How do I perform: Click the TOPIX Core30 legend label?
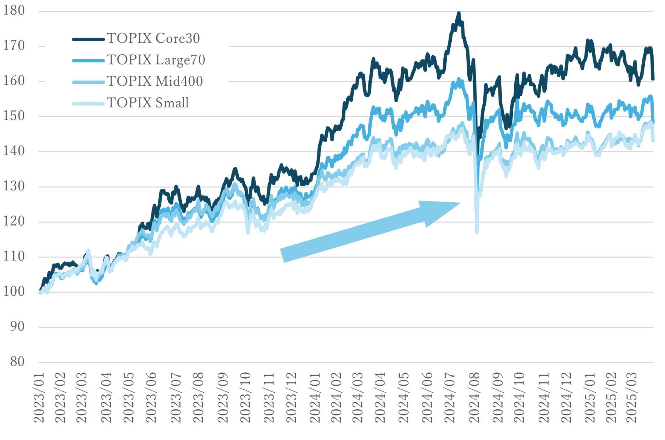153,38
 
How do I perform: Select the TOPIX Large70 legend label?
156,60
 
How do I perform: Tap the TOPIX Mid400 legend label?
154,81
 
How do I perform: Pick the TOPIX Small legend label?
147,103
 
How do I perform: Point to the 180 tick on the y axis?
14,10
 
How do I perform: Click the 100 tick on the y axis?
14,292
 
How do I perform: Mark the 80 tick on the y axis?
17,362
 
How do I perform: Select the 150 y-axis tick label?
14,116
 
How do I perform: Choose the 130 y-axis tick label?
14,186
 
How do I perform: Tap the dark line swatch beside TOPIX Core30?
88,39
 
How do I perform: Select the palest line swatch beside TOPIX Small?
88,104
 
